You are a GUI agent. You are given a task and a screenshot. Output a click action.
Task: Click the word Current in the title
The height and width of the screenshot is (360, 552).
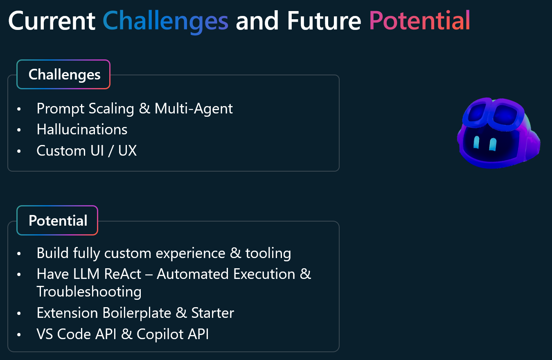point(52,21)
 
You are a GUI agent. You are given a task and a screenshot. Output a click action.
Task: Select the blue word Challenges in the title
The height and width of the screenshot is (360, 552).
point(166,22)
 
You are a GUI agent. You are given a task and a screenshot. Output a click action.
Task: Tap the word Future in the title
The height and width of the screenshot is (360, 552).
point(324,21)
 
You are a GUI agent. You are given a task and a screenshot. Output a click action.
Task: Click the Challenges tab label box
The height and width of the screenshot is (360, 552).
point(63,74)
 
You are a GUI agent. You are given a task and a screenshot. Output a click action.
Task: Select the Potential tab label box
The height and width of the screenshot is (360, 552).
point(57,220)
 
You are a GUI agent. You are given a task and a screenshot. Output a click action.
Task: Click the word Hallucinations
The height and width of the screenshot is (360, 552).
point(82,129)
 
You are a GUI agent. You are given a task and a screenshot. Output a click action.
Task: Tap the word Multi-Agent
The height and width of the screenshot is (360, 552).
point(194,109)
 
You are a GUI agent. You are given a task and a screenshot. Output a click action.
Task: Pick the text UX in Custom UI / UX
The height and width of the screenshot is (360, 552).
point(127,150)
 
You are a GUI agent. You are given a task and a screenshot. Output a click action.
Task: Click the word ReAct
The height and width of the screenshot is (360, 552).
point(123,274)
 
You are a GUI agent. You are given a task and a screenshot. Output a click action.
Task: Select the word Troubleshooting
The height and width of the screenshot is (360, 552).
point(89,292)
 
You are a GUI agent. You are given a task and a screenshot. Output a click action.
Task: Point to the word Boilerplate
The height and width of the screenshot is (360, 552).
point(137,312)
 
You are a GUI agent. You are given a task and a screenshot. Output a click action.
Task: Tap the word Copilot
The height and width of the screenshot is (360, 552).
point(160,334)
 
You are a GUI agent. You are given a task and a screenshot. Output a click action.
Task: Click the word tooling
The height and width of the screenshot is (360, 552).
point(268,254)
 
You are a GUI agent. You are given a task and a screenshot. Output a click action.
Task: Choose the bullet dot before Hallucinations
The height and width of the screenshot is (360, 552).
point(19,130)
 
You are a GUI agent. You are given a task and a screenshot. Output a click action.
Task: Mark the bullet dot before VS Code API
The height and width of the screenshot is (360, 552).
point(19,335)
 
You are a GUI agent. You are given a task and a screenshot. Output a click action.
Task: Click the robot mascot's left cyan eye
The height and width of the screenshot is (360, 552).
point(476,142)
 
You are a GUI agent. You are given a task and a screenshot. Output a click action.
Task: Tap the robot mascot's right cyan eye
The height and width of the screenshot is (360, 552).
point(493,144)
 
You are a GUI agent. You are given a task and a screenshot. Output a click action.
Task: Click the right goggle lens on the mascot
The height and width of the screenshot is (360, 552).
point(504,115)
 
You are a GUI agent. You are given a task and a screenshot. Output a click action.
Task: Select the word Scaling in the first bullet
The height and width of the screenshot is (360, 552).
point(111,109)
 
